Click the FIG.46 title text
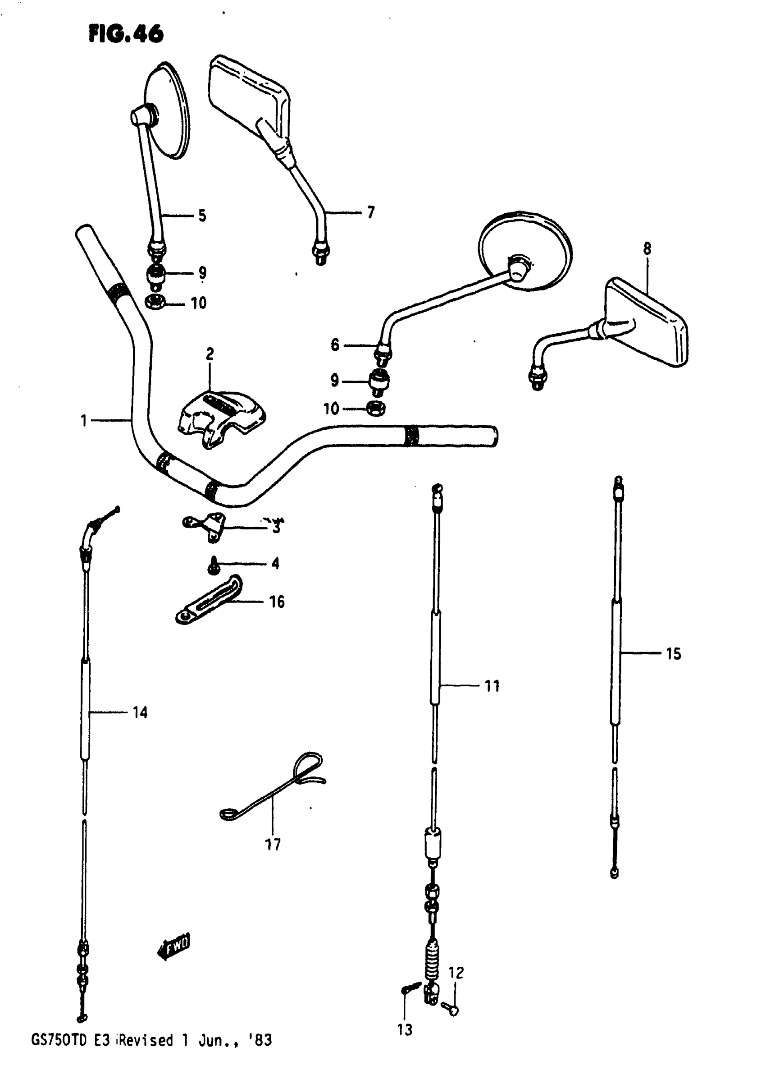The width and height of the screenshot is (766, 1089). tap(126, 34)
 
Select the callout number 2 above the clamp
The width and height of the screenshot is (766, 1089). tap(210, 354)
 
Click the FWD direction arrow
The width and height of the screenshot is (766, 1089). tap(173, 948)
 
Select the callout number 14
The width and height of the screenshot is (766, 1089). tap(140, 713)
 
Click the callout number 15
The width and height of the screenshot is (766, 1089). tap(674, 654)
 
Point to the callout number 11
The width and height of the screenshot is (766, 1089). tap(492, 686)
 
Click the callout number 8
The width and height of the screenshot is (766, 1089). tap(647, 248)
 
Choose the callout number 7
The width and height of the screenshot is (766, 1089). tap(371, 212)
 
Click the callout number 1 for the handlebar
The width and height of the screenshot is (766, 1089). tap(84, 421)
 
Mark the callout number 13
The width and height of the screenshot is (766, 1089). tap(405, 1030)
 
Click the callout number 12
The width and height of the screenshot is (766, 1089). tap(456, 973)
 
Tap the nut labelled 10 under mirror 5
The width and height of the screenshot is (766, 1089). tap(155, 302)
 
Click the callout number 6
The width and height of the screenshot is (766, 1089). tap(335, 345)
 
